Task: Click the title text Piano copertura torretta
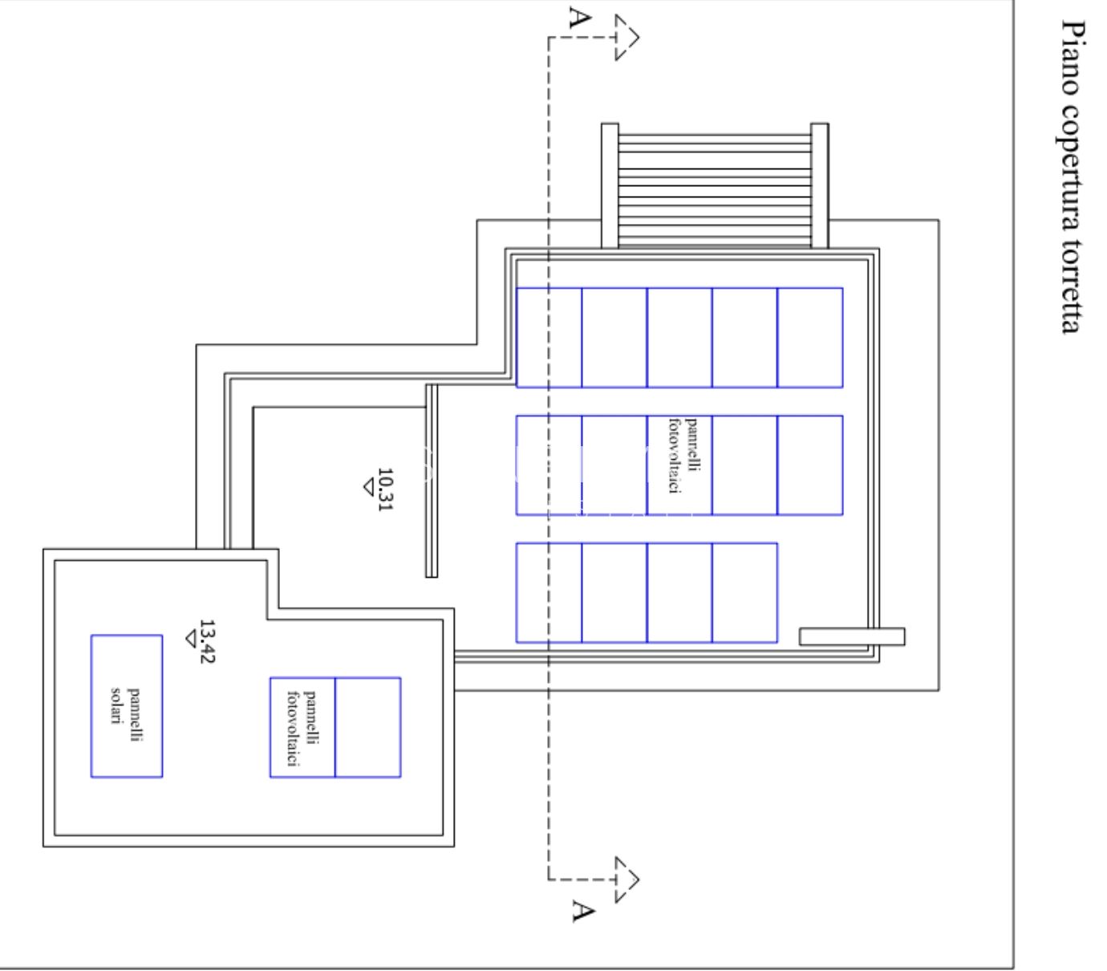point(1072,176)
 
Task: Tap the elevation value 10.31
point(385,489)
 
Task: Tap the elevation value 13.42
point(208,641)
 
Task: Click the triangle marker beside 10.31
point(369,487)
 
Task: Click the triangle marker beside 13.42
point(191,639)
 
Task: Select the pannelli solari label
point(126,714)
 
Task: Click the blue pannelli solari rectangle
point(127,706)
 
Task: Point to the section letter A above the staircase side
point(580,17)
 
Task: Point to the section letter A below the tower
point(583,911)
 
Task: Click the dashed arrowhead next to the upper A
point(627,37)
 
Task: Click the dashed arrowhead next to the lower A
point(627,880)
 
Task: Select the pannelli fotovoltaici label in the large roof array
point(683,456)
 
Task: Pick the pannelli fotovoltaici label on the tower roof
point(302,729)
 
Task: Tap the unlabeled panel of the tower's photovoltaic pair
point(367,727)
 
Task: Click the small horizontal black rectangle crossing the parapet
point(852,636)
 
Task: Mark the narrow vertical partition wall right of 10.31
point(432,481)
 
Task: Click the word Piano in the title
point(1072,58)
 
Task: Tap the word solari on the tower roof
point(116,705)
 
